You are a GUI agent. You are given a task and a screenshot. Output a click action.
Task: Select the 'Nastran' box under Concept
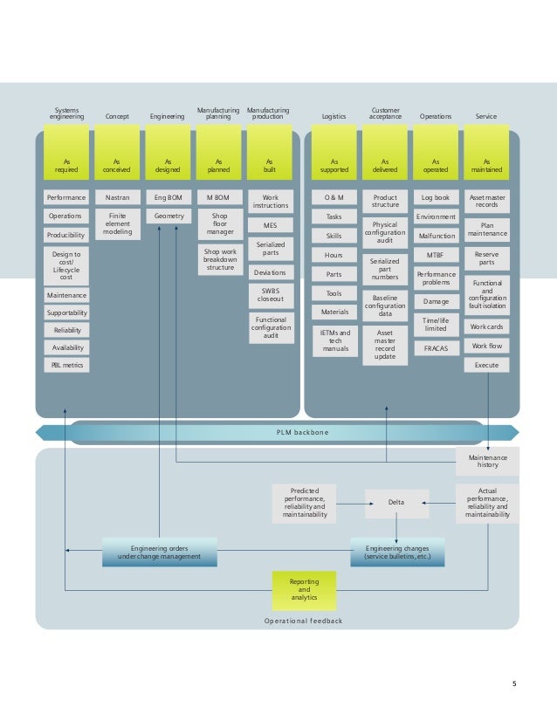click(x=117, y=198)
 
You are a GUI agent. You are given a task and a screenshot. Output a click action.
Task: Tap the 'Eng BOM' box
click(x=168, y=198)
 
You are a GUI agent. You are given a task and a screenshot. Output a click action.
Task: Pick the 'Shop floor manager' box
click(x=219, y=223)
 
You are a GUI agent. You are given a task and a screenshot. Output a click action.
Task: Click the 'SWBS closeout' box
click(x=270, y=296)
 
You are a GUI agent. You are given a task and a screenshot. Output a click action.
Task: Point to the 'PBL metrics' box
click(x=66, y=365)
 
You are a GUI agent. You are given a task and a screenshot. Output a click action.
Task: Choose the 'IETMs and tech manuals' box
click(x=334, y=341)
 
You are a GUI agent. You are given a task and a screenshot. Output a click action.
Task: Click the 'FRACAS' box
click(x=436, y=348)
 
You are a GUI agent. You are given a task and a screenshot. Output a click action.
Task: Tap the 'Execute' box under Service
click(x=486, y=365)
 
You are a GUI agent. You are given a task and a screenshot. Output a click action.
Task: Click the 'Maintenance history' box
click(x=488, y=462)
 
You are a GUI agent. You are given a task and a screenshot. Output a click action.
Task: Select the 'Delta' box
click(x=396, y=501)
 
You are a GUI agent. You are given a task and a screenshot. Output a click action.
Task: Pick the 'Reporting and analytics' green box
click(x=304, y=589)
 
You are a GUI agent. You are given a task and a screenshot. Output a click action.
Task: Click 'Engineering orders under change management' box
click(x=160, y=552)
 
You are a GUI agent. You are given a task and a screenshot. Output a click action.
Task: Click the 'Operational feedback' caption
click(x=304, y=621)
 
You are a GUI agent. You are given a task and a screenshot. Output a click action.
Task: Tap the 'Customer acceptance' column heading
click(x=385, y=113)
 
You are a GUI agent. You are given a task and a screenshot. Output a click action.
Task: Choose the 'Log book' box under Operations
click(x=436, y=198)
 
